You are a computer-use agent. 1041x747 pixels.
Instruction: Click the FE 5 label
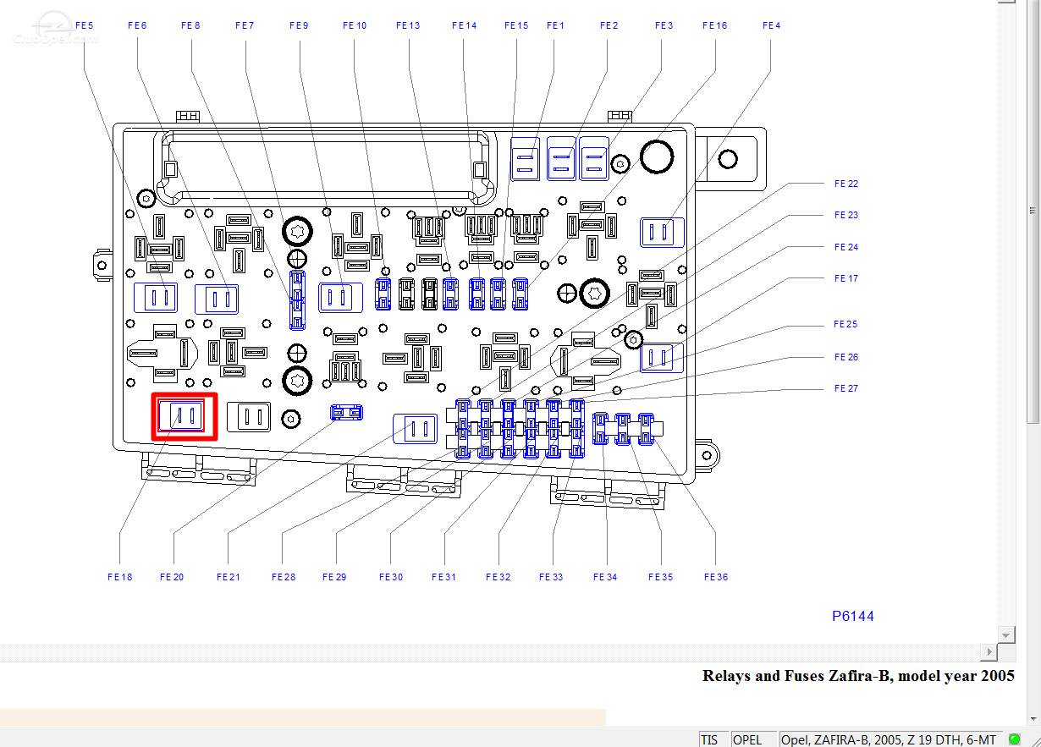pos(85,25)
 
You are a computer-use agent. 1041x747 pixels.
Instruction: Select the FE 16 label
pos(715,25)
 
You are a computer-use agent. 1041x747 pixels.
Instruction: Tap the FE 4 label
pos(772,25)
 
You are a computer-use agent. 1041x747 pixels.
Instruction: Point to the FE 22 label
pos(846,184)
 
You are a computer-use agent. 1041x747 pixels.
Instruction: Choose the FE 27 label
pos(846,388)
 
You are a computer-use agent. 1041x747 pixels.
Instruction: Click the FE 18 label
pos(120,577)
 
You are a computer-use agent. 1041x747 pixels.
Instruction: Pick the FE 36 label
pos(716,577)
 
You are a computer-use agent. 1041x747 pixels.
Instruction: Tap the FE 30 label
pos(391,577)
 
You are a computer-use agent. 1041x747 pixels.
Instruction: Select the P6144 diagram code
pos(853,616)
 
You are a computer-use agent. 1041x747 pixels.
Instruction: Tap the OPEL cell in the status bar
pos(746,739)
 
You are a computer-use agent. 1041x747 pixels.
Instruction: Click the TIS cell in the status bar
pos(709,739)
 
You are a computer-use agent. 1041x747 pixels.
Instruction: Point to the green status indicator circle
pos(1015,739)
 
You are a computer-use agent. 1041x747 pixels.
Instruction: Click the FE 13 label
pos(408,25)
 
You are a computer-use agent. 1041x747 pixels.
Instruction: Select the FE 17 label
pos(846,278)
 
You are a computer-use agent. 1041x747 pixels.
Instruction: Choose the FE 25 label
pos(845,324)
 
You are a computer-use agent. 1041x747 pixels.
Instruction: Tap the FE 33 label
pos(551,577)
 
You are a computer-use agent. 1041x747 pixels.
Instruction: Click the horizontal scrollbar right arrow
pos(989,651)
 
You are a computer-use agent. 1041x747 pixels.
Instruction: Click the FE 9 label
pos(299,25)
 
